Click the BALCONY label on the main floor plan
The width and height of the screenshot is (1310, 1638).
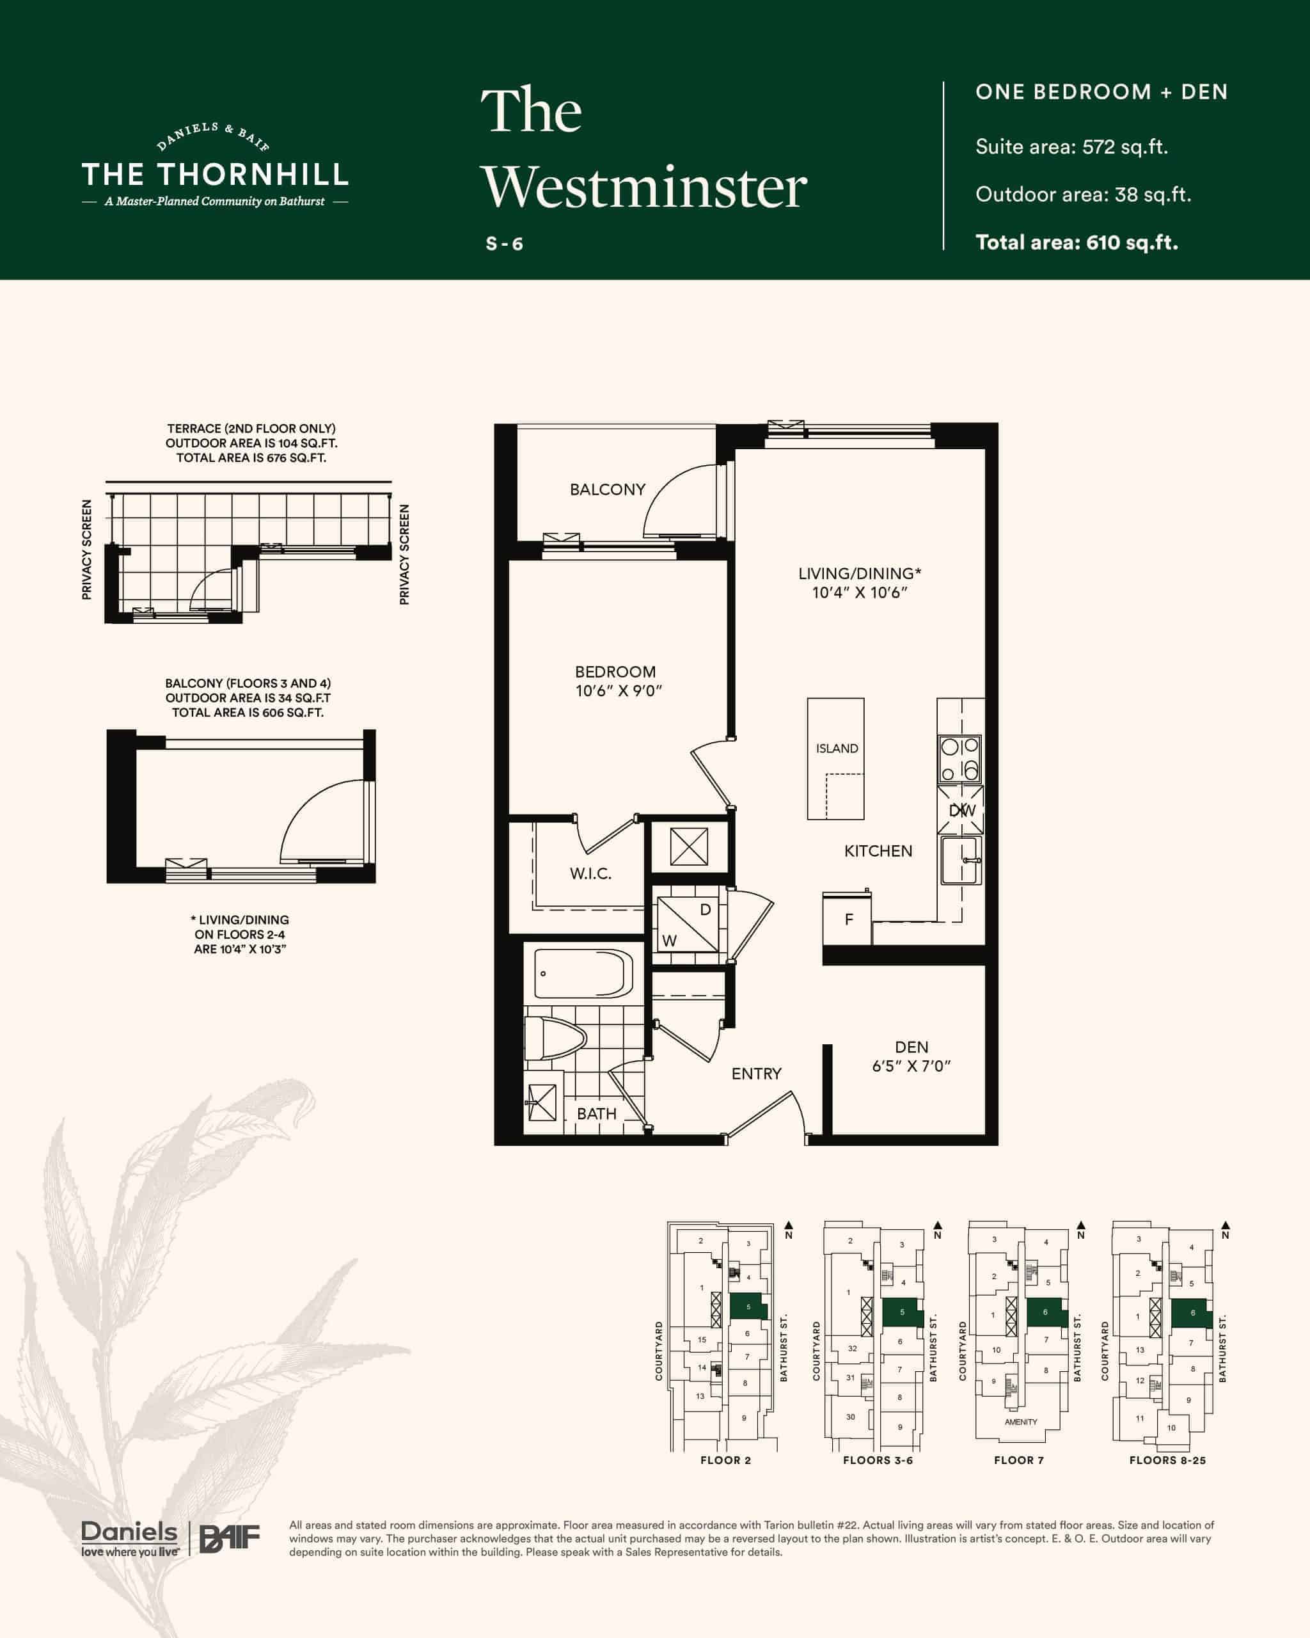(x=608, y=489)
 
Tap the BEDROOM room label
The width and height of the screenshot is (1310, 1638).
(x=615, y=672)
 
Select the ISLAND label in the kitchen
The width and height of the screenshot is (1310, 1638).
(x=837, y=749)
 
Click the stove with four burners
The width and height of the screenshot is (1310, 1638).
(x=960, y=759)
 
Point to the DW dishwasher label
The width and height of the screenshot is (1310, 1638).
(x=962, y=810)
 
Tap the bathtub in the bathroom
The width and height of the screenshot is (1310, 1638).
(x=583, y=974)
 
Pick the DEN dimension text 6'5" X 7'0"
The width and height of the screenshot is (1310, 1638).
(x=911, y=1066)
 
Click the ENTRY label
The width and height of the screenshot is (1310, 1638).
(x=756, y=1074)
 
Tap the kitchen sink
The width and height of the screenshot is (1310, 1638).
(x=961, y=860)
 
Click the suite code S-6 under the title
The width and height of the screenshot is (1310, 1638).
(x=504, y=244)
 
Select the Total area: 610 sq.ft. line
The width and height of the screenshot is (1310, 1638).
(x=1077, y=243)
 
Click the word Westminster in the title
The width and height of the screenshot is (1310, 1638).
(x=644, y=187)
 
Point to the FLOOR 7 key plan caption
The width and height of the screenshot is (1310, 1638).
(x=1018, y=1460)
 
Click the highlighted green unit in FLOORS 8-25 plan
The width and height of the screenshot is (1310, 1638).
(x=1192, y=1313)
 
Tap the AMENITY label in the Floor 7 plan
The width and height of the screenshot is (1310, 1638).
(x=1021, y=1422)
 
